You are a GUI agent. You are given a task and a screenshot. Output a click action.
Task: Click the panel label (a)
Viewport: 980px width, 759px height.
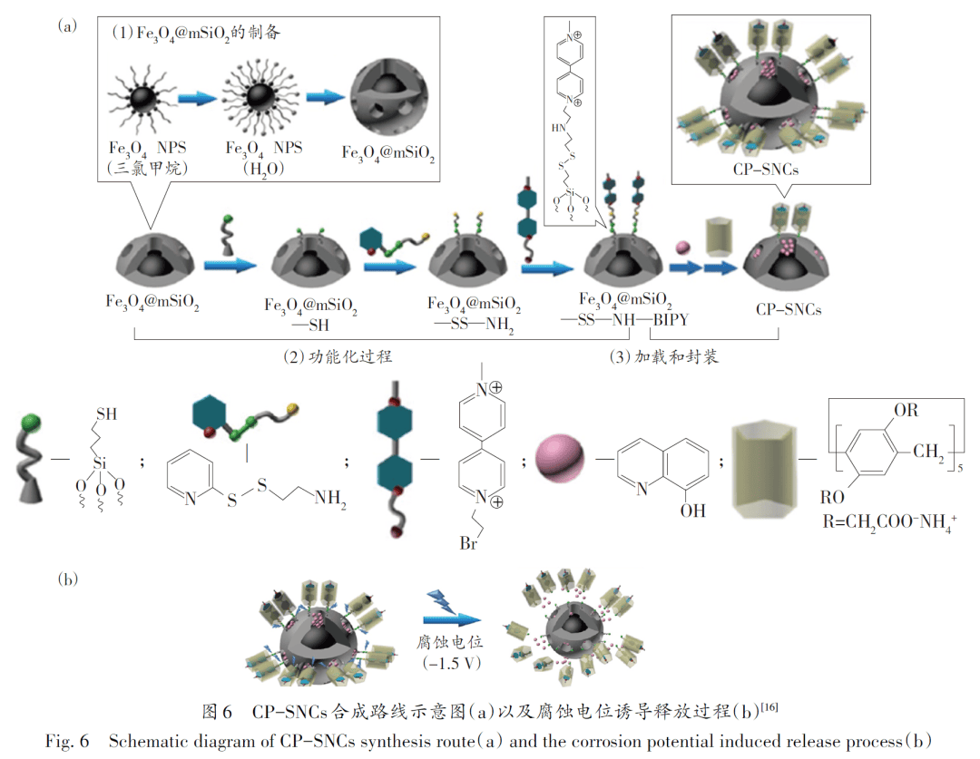66,25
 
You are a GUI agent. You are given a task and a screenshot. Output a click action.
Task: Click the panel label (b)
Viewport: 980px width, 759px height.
66,577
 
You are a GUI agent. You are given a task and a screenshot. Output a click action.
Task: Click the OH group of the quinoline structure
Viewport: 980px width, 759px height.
692,511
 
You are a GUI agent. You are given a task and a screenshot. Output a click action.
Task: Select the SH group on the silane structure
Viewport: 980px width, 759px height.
107,414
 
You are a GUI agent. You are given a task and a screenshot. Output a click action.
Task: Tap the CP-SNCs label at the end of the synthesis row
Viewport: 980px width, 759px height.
789,309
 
